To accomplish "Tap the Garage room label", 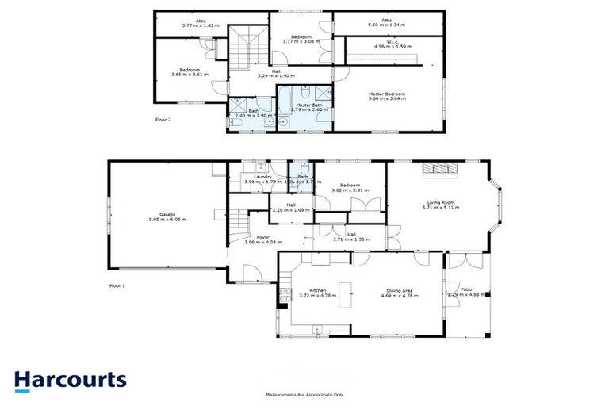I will [167, 216].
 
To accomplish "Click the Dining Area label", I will [400, 293].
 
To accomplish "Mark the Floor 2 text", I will [163, 120].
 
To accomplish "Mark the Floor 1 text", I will [117, 284].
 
